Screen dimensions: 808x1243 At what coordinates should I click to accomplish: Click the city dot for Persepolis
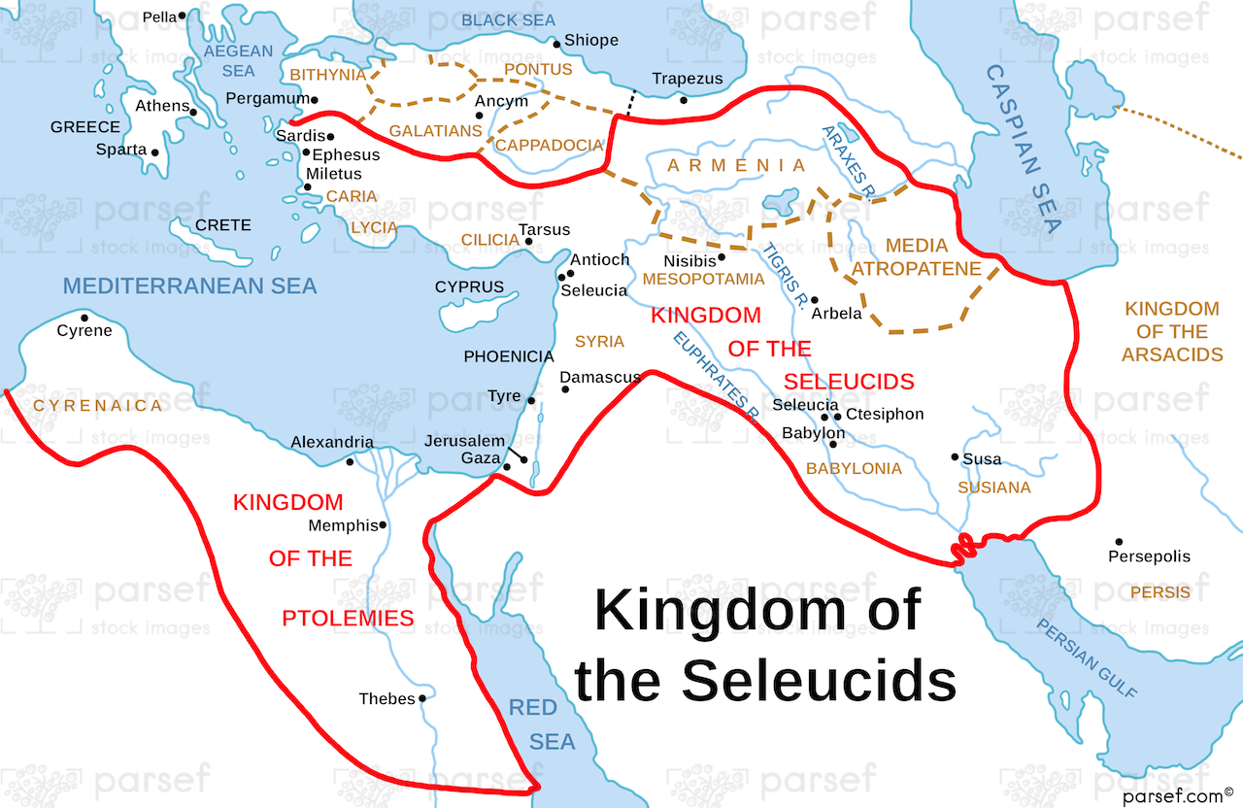click(x=1119, y=542)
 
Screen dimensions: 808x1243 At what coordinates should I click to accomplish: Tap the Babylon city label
click(x=814, y=433)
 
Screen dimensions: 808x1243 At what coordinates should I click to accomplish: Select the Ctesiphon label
click(x=885, y=414)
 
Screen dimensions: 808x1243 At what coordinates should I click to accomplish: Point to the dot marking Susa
click(x=954, y=456)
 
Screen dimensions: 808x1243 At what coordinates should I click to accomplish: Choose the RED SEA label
click(x=540, y=724)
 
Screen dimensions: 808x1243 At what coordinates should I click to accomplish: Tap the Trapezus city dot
click(x=684, y=99)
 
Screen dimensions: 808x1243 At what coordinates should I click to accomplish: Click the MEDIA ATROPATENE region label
click(x=918, y=256)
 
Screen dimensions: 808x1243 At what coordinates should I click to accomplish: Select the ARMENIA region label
click(x=737, y=166)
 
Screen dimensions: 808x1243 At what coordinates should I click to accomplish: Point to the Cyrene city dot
click(x=84, y=318)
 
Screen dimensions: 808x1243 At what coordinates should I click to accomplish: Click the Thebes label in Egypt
click(x=386, y=699)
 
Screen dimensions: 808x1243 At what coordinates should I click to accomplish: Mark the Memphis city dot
click(x=384, y=525)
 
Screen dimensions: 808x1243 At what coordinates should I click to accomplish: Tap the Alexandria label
click(x=332, y=443)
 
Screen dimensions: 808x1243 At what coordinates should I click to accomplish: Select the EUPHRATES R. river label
click(x=716, y=375)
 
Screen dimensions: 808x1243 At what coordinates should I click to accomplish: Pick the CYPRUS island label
click(x=469, y=287)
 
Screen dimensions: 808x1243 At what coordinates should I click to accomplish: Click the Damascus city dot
click(x=565, y=389)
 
